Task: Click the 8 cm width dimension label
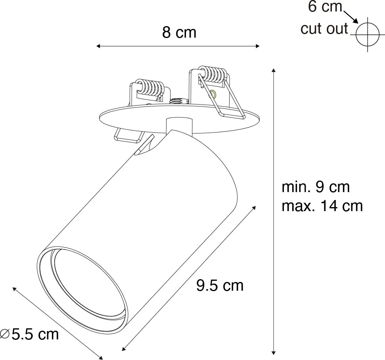tap(179, 33)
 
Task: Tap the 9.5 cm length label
tap(220, 286)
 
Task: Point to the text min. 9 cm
tap(316, 187)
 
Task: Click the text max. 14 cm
tap(322, 206)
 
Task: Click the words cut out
tap(324, 29)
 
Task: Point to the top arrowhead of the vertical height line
tap(273, 70)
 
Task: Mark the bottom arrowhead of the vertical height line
tap(273, 352)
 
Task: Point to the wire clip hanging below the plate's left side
tap(128, 135)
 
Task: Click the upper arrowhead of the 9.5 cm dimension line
tap(255, 207)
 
